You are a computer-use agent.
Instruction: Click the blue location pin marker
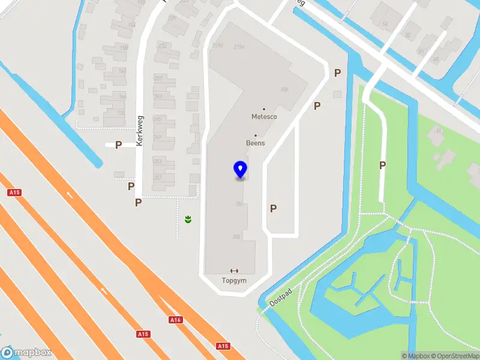(x=240, y=170)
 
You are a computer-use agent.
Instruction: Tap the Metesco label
(x=264, y=117)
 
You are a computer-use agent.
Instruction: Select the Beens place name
(x=256, y=143)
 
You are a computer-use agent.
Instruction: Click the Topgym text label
(x=235, y=280)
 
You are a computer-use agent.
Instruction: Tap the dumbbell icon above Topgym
(x=235, y=271)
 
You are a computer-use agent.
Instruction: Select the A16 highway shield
(x=175, y=320)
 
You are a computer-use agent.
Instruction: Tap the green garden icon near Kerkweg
(x=188, y=220)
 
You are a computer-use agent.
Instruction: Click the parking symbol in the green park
(x=382, y=166)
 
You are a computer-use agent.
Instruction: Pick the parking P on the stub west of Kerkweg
(x=118, y=145)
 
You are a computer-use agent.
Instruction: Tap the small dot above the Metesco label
(x=264, y=109)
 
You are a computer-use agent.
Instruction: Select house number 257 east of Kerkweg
(x=158, y=178)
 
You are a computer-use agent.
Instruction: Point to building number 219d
(x=217, y=46)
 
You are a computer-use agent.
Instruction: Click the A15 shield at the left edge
(x=14, y=193)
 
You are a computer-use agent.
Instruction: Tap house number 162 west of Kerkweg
(x=122, y=70)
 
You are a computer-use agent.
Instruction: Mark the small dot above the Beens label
(x=256, y=136)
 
